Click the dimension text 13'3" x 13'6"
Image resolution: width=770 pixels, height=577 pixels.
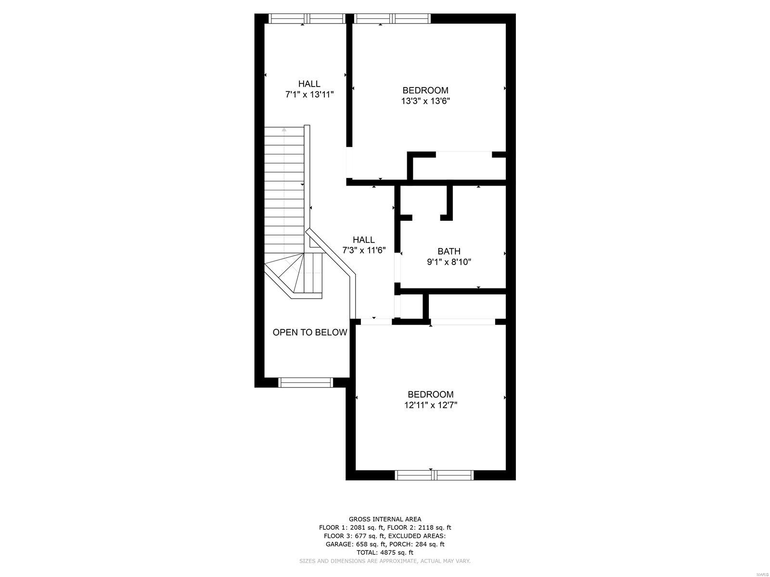coord(425,101)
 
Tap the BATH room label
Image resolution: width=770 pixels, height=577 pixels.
coord(449,251)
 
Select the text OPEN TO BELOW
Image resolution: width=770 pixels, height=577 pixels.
coord(309,332)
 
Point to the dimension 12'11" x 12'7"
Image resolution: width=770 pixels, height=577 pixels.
coord(430,405)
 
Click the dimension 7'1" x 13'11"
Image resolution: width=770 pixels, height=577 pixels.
coord(309,95)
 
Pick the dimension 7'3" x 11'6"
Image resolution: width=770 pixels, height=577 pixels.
coord(364,251)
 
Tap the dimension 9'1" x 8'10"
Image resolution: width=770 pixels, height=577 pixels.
coord(449,262)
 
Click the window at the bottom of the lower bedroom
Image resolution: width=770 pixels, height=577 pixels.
coord(434,475)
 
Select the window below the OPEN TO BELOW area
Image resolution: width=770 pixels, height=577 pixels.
coord(306,382)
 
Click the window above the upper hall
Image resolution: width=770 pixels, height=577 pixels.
coord(307,19)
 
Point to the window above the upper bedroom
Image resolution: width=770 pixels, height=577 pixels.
coord(392,19)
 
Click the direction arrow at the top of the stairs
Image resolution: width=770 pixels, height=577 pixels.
coord(284,129)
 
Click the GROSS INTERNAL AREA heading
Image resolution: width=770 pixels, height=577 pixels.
coord(385,519)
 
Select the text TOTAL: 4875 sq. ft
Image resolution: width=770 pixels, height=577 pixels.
coord(385,552)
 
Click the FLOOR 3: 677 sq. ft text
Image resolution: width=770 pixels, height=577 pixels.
coord(355,536)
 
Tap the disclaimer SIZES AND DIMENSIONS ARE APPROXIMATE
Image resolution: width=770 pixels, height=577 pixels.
coord(385,561)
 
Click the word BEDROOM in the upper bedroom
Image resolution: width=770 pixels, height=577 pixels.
coord(425,90)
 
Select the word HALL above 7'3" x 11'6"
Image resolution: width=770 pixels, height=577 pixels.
coord(364,239)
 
